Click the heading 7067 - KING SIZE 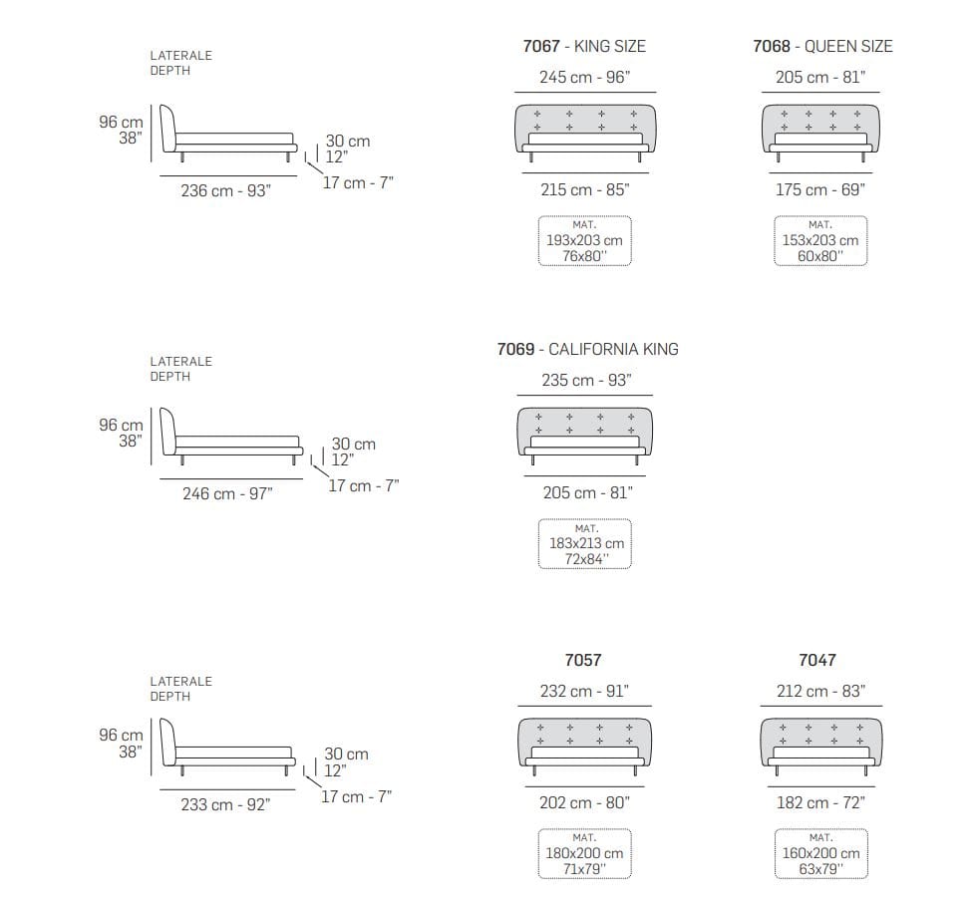(584, 46)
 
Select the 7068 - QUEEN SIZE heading (822, 46)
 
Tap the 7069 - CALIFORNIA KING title (587, 349)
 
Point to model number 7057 (583, 659)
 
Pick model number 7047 (817, 659)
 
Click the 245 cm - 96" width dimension (584, 77)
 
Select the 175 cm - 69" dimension (820, 189)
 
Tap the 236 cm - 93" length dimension (226, 190)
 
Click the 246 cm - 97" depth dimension (227, 493)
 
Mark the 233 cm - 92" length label (226, 804)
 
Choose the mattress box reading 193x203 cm (584, 240)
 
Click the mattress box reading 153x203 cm (820, 240)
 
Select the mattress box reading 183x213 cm (584, 544)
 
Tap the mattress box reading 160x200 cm (821, 854)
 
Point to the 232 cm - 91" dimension (584, 691)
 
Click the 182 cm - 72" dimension (821, 802)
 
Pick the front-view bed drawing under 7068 (820, 133)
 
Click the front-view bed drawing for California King (584, 436)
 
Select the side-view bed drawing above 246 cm (231, 436)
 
